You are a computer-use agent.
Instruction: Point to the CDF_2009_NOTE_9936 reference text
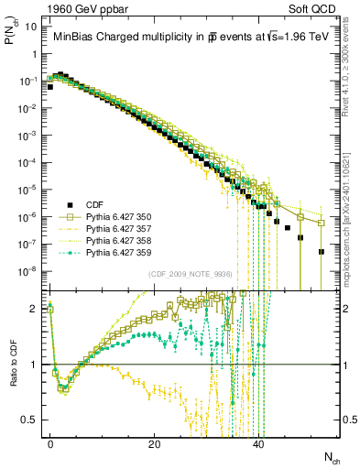pyautogui.click(x=187, y=273)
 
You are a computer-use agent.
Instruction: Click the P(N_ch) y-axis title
pyautogui.click(x=12, y=40)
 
